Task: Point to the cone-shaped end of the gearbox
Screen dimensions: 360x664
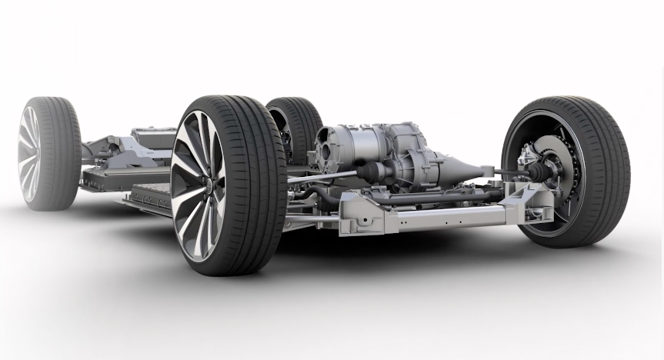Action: point(461,166)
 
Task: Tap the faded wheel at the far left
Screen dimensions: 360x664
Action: point(48,153)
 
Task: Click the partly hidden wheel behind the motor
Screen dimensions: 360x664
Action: point(296,127)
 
